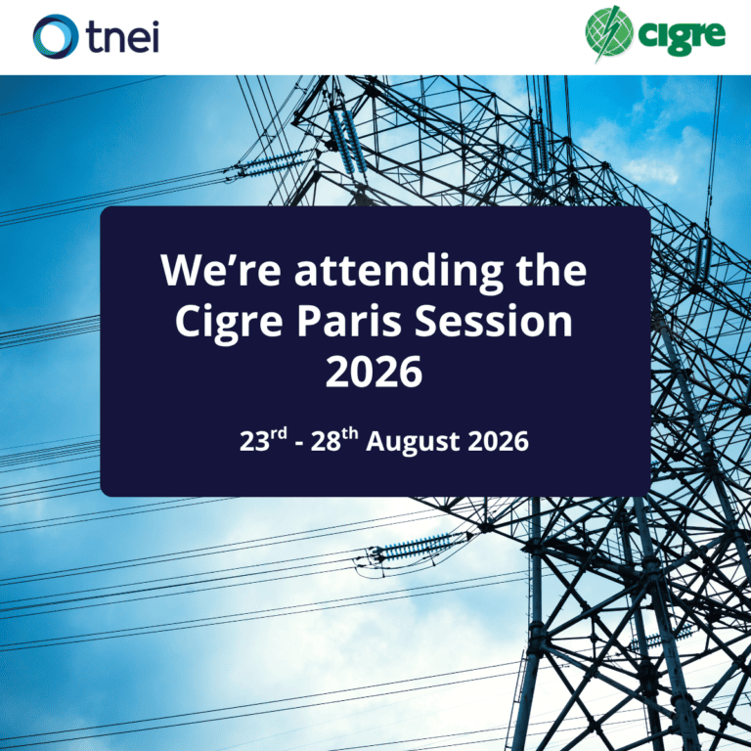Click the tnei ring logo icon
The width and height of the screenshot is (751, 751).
click(56, 36)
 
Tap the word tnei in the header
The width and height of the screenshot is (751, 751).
click(122, 37)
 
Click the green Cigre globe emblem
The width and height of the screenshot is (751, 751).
click(609, 32)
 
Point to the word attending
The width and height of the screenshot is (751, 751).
click(399, 272)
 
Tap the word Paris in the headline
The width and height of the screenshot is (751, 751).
click(349, 322)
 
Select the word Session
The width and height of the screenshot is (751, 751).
click(493, 322)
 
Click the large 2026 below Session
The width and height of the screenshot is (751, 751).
click(375, 373)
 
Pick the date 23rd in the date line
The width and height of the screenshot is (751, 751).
click(263, 440)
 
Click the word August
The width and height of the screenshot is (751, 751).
click(414, 442)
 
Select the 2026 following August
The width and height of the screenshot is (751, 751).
click(498, 441)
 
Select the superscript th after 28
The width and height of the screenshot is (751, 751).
click(350, 434)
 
